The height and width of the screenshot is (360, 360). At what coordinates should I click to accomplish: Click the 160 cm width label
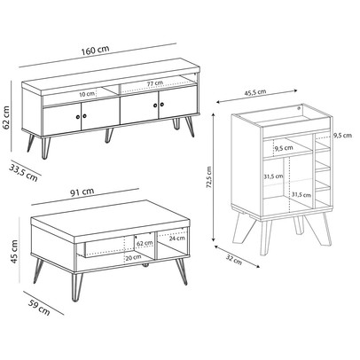click(x=96, y=51)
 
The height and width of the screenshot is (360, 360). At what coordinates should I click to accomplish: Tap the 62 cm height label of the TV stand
click(x=6, y=117)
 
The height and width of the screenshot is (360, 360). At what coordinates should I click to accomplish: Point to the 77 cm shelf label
click(x=155, y=83)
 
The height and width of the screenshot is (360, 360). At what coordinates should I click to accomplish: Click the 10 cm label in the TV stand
click(x=87, y=94)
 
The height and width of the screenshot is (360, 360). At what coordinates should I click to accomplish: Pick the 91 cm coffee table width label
click(x=82, y=192)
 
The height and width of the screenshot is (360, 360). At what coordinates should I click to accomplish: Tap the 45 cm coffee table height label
click(x=14, y=252)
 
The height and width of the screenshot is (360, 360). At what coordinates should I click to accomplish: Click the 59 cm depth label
click(x=40, y=308)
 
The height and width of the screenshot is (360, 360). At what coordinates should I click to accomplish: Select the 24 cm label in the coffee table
click(x=177, y=239)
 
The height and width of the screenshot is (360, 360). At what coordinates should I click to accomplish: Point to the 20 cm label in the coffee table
click(x=133, y=257)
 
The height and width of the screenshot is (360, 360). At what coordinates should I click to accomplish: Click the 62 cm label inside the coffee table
click(x=145, y=243)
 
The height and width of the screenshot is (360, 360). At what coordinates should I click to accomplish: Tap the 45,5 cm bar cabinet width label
click(x=255, y=92)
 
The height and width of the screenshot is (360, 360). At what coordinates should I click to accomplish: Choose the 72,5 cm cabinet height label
click(x=209, y=177)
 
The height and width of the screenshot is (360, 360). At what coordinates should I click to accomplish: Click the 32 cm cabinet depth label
click(x=234, y=260)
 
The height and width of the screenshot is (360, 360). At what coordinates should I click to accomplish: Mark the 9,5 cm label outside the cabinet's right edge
click(x=343, y=136)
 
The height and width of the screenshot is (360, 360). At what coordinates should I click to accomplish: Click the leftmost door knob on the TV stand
click(x=78, y=117)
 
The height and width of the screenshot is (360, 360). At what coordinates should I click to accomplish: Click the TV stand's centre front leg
click(x=109, y=135)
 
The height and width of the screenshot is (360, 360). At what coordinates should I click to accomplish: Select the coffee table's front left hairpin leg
click(x=75, y=286)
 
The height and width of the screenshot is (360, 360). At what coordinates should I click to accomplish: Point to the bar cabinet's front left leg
click(x=266, y=238)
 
